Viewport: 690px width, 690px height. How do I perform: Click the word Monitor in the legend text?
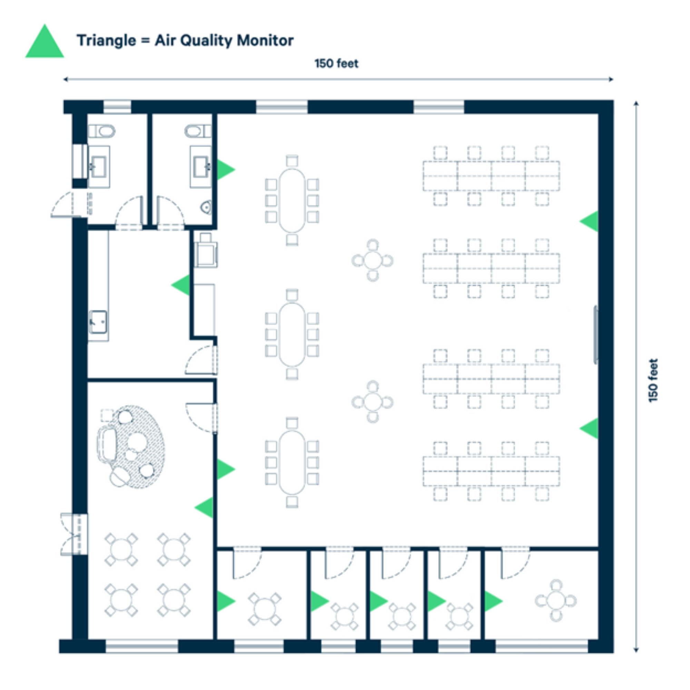pyautogui.click(x=265, y=40)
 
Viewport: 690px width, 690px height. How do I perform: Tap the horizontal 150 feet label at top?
pyautogui.click(x=336, y=63)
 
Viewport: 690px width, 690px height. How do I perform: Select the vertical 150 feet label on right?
pyautogui.click(x=653, y=380)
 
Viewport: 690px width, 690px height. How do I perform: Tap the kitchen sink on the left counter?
pyautogui.click(x=98, y=322)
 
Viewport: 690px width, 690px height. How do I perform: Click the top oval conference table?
pyautogui.click(x=292, y=200)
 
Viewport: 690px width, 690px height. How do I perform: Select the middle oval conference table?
pyautogui.click(x=292, y=334)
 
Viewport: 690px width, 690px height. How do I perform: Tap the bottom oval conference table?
pyautogui.click(x=292, y=463)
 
